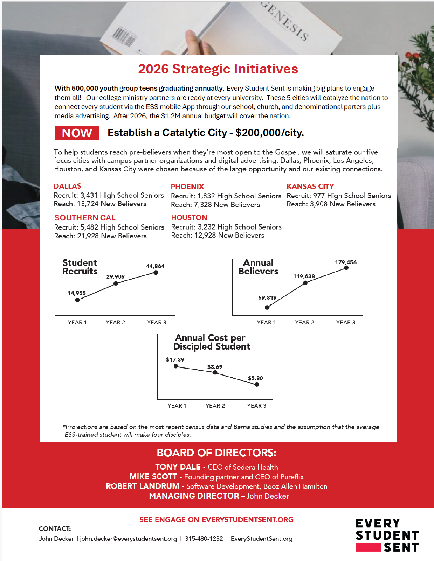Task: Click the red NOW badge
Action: [x=77, y=133]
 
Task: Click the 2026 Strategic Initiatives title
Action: [x=218, y=69]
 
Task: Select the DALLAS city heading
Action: [x=67, y=186]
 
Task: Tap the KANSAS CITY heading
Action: [x=310, y=187]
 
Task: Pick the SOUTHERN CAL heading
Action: [x=85, y=218]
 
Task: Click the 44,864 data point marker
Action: [x=156, y=273]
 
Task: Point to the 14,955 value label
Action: [x=76, y=293]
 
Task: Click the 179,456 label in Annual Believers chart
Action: [x=345, y=262]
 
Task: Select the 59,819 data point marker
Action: [x=267, y=307]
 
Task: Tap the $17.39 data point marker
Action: [x=176, y=366]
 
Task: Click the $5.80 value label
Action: [x=255, y=378]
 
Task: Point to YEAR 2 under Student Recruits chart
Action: [x=115, y=322]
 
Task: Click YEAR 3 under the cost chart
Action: [x=256, y=406]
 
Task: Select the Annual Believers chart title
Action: [x=259, y=267]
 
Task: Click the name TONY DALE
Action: [x=178, y=467]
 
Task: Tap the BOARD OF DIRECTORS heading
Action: [x=216, y=453]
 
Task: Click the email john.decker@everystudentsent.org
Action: [x=128, y=539]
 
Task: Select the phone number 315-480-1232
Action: [x=204, y=539]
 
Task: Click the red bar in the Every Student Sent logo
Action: [x=368, y=547]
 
